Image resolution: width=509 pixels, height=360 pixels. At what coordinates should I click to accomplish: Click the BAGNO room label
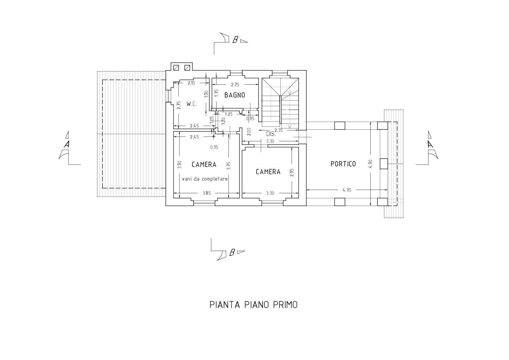[x=234, y=95]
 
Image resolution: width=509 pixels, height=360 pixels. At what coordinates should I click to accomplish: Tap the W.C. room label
[x=192, y=104]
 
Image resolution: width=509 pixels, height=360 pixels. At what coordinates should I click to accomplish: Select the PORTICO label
[x=343, y=164]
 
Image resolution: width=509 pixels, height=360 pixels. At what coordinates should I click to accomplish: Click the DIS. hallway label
[x=271, y=134]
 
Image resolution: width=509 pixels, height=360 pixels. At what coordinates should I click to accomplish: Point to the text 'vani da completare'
[x=205, y=179]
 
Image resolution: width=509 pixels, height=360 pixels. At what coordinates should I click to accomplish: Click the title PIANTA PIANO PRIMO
[x=253, y=305]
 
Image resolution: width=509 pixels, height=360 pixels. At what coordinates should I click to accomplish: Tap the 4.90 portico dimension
[x=370, y=164]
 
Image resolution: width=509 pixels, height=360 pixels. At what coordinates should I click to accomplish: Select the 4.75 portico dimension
[x=347, y=190]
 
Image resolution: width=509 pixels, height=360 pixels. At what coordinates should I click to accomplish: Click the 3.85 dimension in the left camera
[x=207, y=193]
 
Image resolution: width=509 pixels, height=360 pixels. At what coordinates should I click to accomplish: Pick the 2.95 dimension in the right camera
[x=292, y=172]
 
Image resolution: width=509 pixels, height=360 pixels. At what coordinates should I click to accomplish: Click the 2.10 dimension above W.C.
[x=191, y=83]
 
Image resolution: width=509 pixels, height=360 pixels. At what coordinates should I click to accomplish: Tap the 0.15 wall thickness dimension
[x=214, y=147]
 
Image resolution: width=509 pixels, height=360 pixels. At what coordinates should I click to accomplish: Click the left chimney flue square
[x=176, y=68]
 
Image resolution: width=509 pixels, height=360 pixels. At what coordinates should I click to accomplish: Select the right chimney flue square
[x=187, y=68]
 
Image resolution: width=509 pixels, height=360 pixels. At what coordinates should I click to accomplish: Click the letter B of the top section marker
[x=235, y=40]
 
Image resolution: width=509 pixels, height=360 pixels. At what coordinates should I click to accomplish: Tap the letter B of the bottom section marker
[x=232, y=253]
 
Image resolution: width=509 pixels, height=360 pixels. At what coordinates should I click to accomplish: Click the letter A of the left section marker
[x=67, y=144]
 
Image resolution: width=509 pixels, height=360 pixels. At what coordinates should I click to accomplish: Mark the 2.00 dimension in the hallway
[x=249, y=132]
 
